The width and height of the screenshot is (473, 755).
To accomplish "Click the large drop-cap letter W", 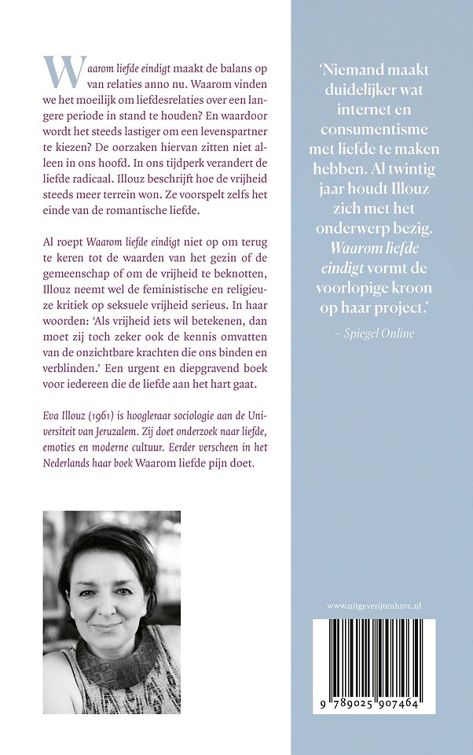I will pyautogui.click(x=62, y=72).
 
